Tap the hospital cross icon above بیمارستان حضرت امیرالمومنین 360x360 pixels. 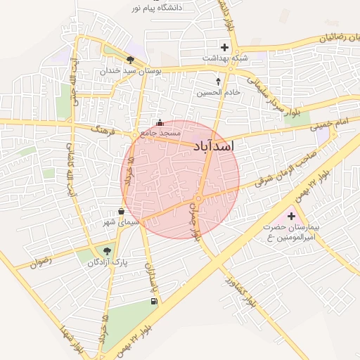tap(291, 215)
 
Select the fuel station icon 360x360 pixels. tap(153, 302)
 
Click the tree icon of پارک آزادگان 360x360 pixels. tap(107, 250)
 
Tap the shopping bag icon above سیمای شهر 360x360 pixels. tap(122, 211)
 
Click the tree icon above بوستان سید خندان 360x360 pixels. tap(130, 60)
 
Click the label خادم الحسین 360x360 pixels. tap(219, 92)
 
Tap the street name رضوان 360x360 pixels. tap(42, 262)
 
